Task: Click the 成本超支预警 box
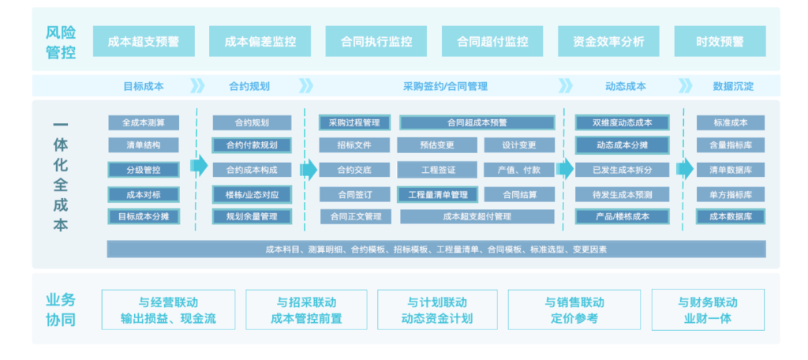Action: pos(144,41)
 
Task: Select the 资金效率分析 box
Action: pos(608,41)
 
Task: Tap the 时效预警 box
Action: pos(720,41)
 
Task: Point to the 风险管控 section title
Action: pos(61,43)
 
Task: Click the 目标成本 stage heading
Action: pos(144,87)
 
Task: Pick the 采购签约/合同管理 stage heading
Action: pos(445,87)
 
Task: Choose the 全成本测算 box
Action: pos(144,122)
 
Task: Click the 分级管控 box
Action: pos(144,170)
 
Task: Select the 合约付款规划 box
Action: pos(252,145)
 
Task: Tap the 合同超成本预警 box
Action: pos(477,122)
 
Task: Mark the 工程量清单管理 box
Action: pos(438,195)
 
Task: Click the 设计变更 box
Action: pos(519,145)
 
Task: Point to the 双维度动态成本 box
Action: pos(622,122)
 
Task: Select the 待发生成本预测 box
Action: pos(622,195)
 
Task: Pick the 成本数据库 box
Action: pos(731,216)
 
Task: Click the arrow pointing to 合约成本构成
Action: pos(199,166)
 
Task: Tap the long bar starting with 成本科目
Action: pos(436,249)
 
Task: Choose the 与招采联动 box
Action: pos(307,310)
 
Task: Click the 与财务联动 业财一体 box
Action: pos(708,310)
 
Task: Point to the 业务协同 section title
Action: pos(61,310)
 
